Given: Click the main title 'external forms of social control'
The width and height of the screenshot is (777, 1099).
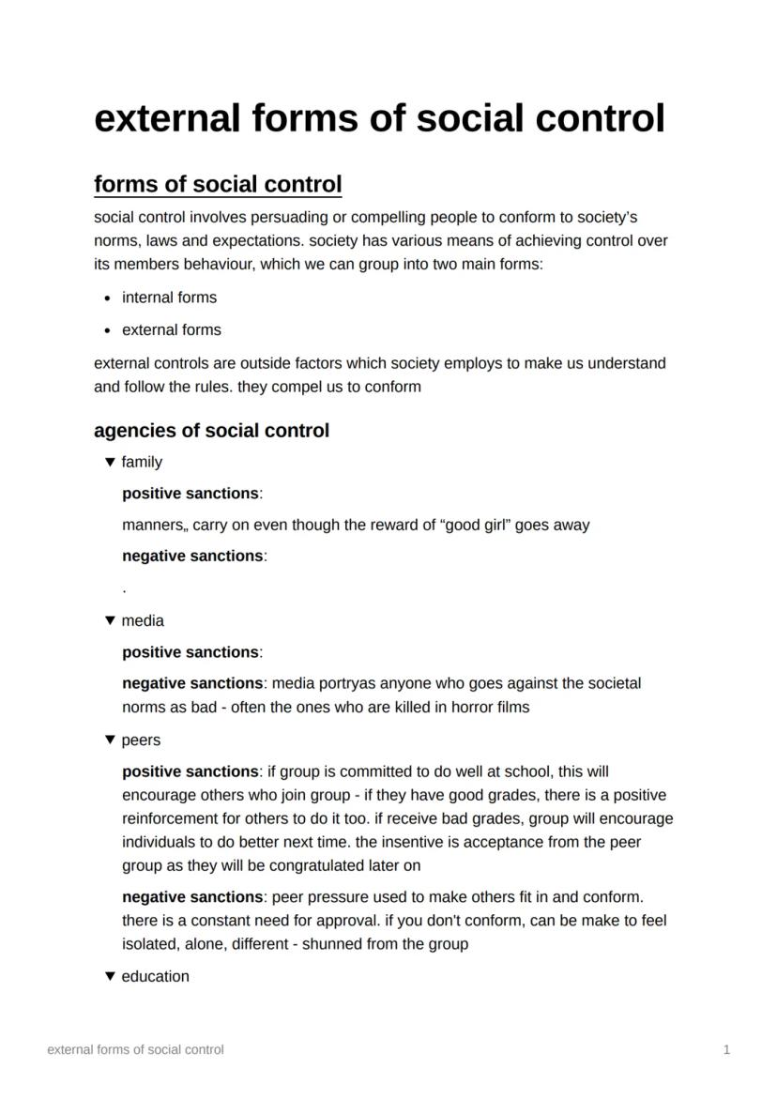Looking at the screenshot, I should (379, 119).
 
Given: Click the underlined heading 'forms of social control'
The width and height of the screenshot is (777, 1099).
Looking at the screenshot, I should (218, 184).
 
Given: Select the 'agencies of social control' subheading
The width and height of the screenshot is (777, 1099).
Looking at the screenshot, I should (211, 431).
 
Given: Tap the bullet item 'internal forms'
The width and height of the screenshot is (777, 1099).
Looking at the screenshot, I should (169, 298).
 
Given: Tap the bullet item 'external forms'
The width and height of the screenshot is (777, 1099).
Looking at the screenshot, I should (172, 329).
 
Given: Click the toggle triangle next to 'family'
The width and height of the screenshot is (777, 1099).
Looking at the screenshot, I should (110, 462).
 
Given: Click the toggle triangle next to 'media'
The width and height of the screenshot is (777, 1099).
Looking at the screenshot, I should (110, 620).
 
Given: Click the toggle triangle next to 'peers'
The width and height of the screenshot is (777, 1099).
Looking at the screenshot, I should (110, 740).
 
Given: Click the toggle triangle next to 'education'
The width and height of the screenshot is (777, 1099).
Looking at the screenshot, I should (110, 976).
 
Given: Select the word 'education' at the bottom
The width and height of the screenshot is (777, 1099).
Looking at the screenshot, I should (155, 976).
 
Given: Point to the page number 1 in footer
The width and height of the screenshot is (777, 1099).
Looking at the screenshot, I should (726, 1050).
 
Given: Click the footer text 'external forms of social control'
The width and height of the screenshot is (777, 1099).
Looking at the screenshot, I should (135, 1050).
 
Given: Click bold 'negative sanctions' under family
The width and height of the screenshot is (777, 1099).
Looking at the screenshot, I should (192, 556).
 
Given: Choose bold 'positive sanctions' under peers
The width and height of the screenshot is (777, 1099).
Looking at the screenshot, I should (190, 771).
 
